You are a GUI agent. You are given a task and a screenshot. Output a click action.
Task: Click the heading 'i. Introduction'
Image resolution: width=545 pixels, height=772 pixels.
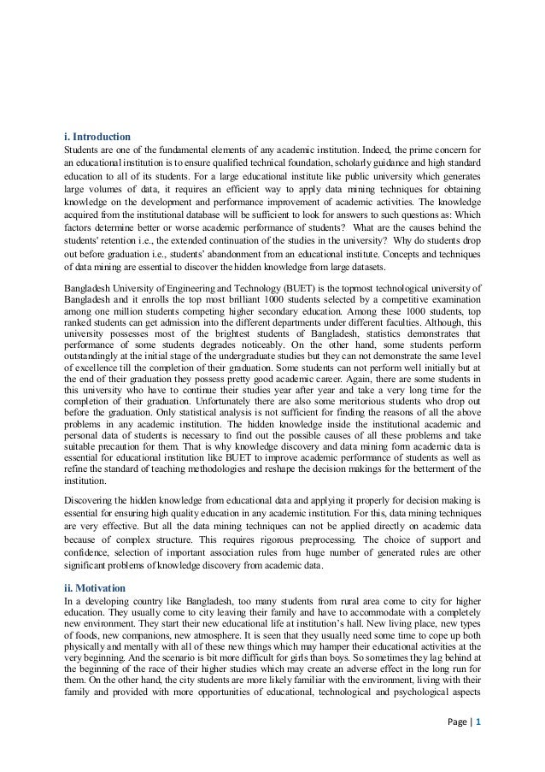point(98,137)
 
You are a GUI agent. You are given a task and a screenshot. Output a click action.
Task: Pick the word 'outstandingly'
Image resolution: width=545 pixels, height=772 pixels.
point(97,351)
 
